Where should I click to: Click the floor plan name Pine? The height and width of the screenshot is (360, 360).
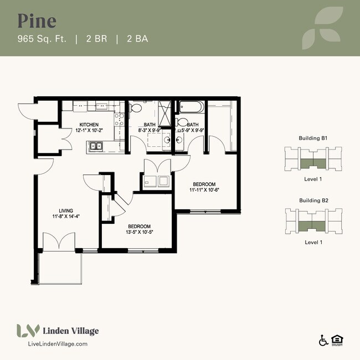(37, 20)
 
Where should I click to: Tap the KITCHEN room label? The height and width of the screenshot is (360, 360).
(89, 125)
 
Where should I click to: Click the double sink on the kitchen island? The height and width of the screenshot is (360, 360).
(97, 147)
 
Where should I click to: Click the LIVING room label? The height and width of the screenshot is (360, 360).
(66, 210)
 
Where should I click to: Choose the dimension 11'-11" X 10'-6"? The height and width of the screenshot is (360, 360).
(204, 191)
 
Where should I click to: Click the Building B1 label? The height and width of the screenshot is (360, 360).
(313, 137)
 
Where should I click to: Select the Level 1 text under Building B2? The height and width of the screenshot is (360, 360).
(313, 242)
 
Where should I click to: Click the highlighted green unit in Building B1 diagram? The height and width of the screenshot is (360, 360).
(313, 162)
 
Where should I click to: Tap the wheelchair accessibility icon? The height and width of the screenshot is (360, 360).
(323, 341)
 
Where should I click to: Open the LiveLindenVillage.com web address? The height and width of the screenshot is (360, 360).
(58, 344)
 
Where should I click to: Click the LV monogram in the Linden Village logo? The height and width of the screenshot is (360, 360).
(28, 331)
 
